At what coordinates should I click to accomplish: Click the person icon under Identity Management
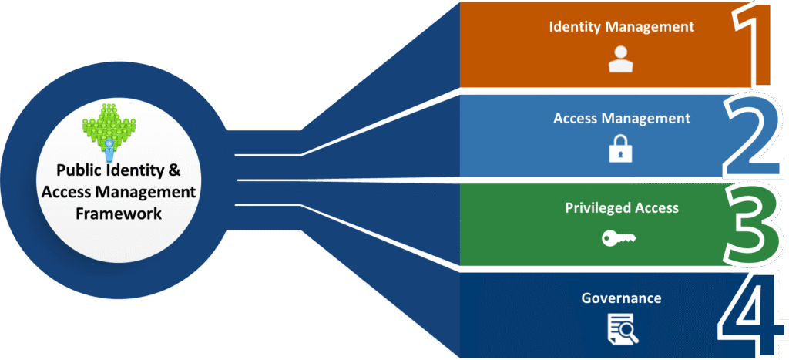tap(620, 59)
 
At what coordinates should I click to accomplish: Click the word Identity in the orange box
tap(573, 27)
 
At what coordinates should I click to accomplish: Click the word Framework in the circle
tap(119, 214)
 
